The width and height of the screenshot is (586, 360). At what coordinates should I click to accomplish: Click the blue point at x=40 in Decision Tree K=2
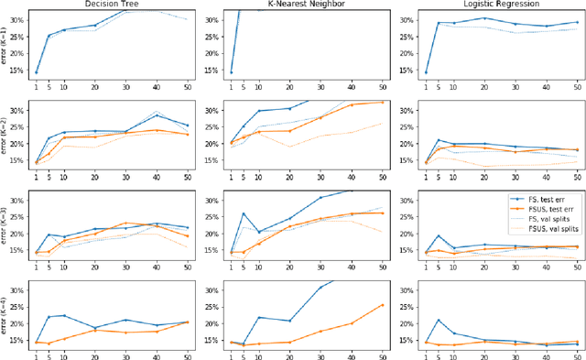157,115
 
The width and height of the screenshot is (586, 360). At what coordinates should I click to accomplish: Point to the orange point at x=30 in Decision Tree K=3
126,223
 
